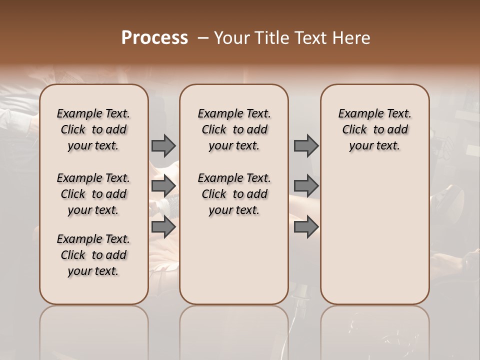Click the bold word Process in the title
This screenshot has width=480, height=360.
(154, 38)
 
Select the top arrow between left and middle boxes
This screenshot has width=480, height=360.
(163, 145)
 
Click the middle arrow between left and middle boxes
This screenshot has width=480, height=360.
(163, 186)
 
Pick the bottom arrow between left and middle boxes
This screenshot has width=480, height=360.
(163, 226)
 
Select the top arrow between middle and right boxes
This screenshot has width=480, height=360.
(306, 145)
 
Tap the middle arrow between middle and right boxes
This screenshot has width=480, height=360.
(306, 186)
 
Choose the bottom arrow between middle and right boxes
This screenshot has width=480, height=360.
(306, 226)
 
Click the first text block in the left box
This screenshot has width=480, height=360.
(93, 129)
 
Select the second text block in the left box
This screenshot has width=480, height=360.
(93, 194)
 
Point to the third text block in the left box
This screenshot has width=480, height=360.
(93, 255)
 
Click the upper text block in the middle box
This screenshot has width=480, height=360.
(234, 129)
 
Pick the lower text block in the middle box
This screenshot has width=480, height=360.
(234, 194)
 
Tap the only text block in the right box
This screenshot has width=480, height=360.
(374, 129)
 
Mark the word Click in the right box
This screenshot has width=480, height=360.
(354, 130)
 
